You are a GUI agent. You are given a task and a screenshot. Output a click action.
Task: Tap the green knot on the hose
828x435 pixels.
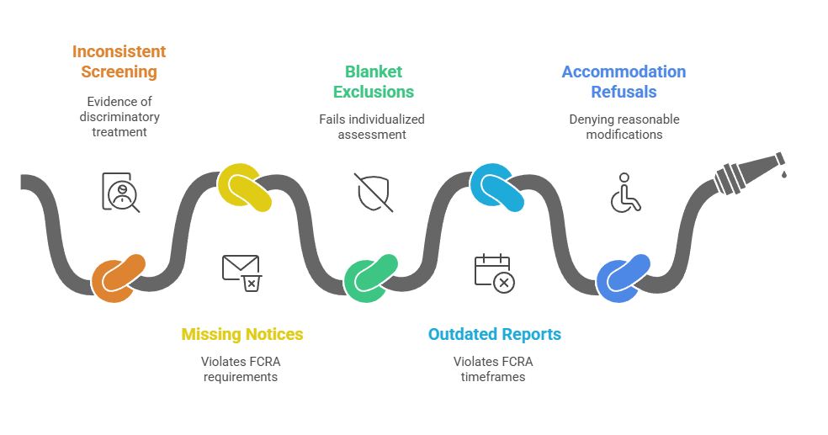coord(370,277)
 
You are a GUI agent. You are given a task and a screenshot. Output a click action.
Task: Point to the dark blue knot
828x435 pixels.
coord(623,279)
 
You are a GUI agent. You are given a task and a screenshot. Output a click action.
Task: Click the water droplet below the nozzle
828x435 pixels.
coord(784,174)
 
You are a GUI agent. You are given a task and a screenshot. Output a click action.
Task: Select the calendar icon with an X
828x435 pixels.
coord(495,273)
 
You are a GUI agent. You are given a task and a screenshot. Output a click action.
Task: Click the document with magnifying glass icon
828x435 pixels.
coord(120,192)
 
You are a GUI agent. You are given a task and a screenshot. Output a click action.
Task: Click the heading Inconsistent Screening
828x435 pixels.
coord(119,61)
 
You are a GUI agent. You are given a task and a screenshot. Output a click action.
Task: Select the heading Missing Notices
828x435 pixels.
coord(242,335)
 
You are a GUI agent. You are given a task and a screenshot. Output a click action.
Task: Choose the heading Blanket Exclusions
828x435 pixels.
coord(373,82)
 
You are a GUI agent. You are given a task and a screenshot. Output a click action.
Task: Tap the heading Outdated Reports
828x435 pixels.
coord(494,335)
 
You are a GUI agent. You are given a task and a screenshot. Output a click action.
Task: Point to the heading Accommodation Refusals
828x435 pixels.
coord(624,82)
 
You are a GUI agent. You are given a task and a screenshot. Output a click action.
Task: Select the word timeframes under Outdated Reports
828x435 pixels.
coord(494,377)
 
